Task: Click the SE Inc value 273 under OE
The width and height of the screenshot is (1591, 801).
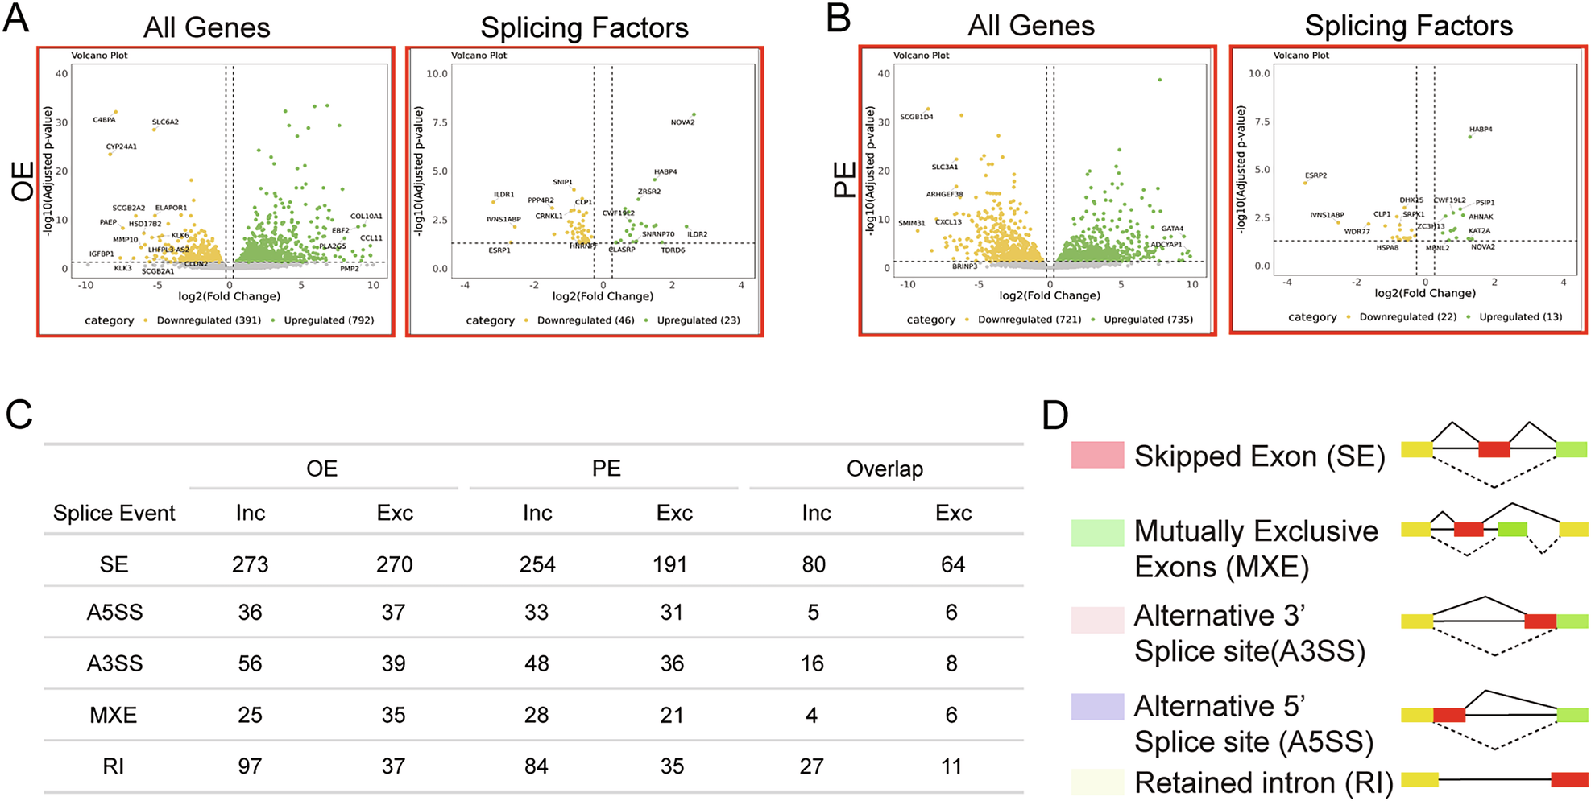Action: (250, 564)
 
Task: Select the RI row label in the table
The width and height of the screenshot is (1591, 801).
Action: (114, 766)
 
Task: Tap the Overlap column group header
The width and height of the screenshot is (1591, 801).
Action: (884, 469)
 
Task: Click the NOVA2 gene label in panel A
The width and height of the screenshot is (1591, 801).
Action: (682, 122)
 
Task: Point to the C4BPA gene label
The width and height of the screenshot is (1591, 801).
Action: (104, 120)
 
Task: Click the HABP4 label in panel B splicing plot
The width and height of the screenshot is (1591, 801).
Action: (1480, 130)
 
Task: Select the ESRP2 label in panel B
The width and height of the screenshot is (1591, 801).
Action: (1315, 175)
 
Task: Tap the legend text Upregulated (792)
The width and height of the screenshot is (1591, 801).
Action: (329, 320)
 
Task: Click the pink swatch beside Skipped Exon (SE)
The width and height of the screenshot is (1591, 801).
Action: (1096, 455)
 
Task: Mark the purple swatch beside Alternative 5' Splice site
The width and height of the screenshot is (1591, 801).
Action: (1096, 706)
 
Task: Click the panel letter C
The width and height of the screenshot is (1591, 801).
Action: (19, 415)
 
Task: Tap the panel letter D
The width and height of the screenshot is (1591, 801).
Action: (1054, 415)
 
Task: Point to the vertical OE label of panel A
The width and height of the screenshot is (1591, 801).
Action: (23, 180)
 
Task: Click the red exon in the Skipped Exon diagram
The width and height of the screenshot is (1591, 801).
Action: (1494, 449)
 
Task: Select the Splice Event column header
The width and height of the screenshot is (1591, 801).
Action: (114, 513)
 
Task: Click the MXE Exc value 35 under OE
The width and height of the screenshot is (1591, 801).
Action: (393, 715)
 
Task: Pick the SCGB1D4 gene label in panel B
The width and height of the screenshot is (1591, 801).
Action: (916, 118)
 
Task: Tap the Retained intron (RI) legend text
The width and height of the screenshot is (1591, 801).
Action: (1263, 782)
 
